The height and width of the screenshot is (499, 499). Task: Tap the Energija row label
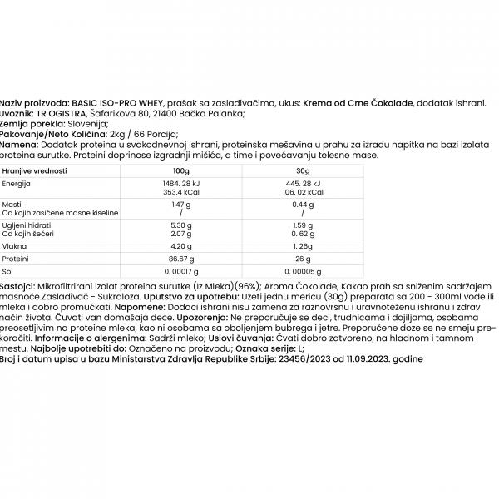click(17, 182)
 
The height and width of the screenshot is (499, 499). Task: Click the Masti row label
click(12, 204)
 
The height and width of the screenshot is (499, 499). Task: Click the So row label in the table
click(7, 271)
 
